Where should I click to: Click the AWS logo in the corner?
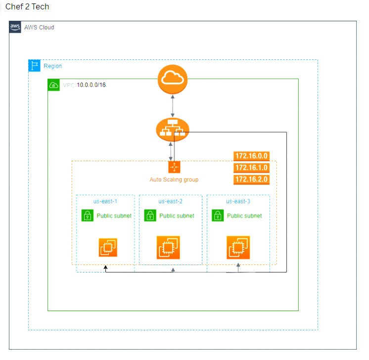(15, 27)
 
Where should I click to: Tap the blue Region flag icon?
(34, 66)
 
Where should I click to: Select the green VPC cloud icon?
(53, 85)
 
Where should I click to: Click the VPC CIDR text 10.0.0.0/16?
(91, 85)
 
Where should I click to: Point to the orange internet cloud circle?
(173, 79)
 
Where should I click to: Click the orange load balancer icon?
(173, 130)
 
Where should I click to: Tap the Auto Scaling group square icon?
(175, 167)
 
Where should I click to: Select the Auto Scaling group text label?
(174, 180)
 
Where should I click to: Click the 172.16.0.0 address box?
(251, 156)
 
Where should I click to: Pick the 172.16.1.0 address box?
(251, 168)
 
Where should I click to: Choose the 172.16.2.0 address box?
(251, 180)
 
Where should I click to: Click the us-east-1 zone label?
(105, 201)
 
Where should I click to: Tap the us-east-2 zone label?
(170, 201)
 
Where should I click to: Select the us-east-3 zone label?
(238, 201)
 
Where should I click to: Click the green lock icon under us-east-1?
(88, 216)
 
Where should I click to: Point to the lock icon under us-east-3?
(218, 216)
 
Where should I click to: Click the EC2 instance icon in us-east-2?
(168, 248)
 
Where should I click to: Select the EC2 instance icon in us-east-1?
(108, 248)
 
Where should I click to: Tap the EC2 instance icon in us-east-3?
(238, 248)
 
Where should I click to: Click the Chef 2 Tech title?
(27, 6)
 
